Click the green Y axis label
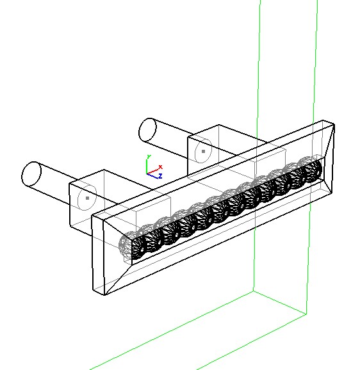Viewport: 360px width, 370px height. pyautogui.click(x=149, y=157)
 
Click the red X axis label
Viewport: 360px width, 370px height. pyautogui.click(x=161, y=167)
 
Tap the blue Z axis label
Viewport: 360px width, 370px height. pyautogui.click(x=160, y=176)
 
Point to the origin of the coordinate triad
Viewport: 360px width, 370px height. pyautogui.click(x=147, y=174)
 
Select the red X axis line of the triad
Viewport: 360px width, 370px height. pyautogui.click(x=153, y=171)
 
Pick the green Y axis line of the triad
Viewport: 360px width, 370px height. pyautogui.click(x=147, y=166)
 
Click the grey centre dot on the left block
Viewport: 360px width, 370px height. pyautogui.click(x=88, y=198)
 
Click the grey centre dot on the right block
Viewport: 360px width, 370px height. pyautogui.click(x=204, y=151)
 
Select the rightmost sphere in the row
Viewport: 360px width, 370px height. pyautogui.click(x=311, y=169)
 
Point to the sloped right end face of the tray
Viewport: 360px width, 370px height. pyautogui.click(x=329, y=161)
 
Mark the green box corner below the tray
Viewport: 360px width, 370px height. pyautogui.click(x=254, y=291)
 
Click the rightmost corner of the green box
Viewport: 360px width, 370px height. pyautogui.click(x=306, y=314)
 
